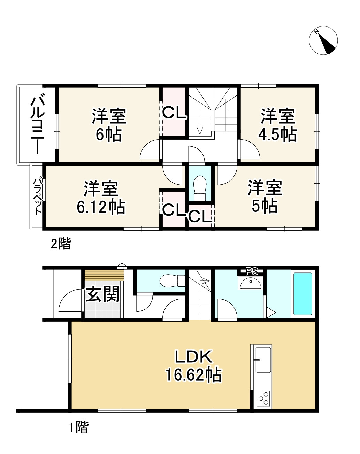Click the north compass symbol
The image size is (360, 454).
tap(323, 40)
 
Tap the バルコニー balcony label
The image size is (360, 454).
tap(37, 125)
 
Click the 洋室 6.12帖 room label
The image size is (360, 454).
tap(101, 198)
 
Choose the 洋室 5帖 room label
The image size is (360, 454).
tap(265, 197)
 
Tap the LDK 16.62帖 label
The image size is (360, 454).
tap(193, 366)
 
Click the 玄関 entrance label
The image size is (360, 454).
tap(103, 295)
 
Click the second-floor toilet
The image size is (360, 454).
tap(200, 188)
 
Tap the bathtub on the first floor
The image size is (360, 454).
tap(302, 294)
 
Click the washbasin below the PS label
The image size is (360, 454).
tap(250, 283)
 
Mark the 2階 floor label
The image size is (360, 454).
tap(61, 244)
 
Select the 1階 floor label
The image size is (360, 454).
tap(78, 427)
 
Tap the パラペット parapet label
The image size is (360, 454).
tap(37, 197)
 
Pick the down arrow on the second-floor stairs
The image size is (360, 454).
tap(200, 130)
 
